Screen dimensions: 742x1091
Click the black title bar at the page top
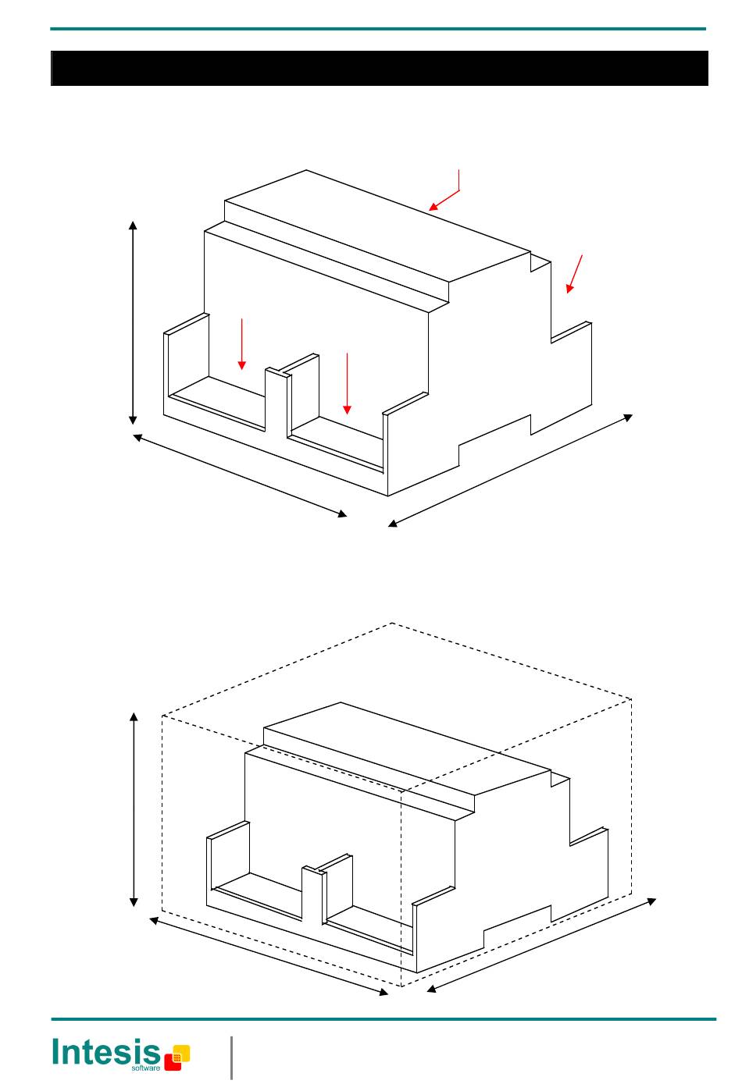(379, 69)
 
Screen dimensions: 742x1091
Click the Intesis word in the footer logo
(105, 1052)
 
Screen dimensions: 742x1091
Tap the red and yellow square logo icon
(177, 1057)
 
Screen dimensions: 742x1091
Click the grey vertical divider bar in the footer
(232, 1057)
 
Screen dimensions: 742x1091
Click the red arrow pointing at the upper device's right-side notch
(575, 273)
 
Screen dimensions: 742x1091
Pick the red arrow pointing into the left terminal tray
(242, 343)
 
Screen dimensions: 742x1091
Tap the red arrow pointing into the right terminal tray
(347, 383)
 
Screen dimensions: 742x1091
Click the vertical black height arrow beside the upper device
(134, 322)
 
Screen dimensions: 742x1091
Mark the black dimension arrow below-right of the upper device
(510, 471)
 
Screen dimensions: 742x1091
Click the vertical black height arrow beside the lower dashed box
(135, 809)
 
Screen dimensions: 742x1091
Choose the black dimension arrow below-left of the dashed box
(269, 957)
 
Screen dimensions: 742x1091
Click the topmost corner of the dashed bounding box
(391, 624)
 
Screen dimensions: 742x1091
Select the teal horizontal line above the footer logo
(383, 1019)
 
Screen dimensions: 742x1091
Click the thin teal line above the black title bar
(379, 30)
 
